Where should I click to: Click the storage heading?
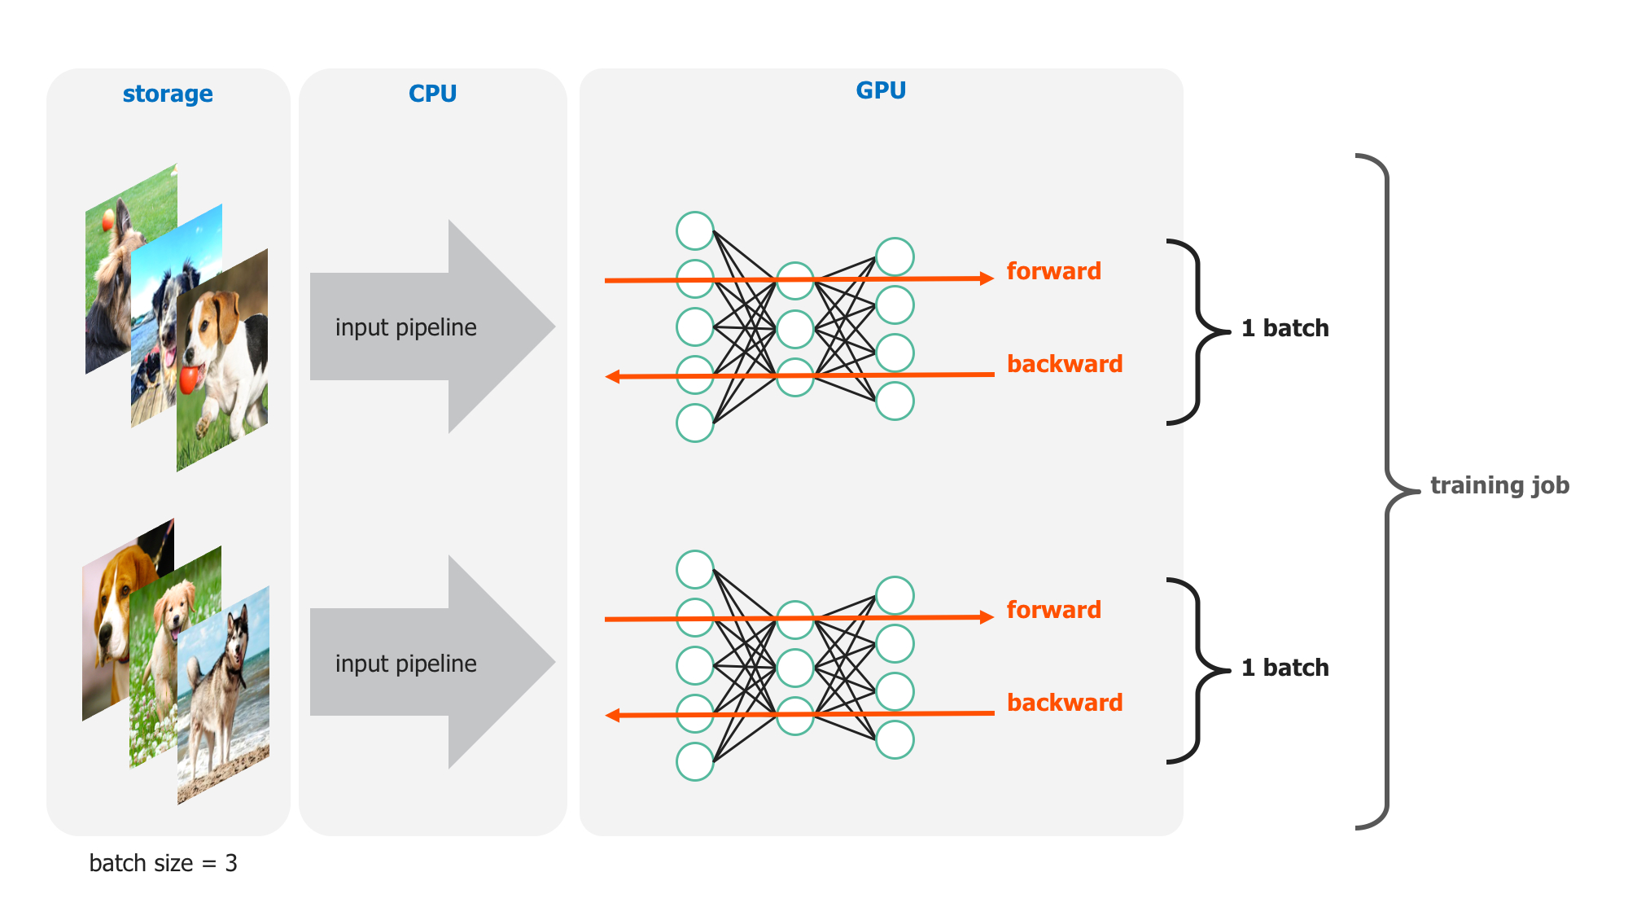tap(168, 94)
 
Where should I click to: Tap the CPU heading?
tap(432, 94)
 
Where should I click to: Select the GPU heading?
tap(881, 90)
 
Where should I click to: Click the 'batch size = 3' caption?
tap(163, 863)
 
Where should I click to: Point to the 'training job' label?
tap(1499, 485)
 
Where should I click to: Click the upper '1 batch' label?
tap(1284, 328)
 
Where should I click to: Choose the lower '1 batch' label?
tap(1284, 668)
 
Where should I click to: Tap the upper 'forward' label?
tap(1053, 271)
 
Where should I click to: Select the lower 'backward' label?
tap(1065, 703)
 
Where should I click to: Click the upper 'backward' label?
tap(1065, 364)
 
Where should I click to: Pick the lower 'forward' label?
tap(1053, 610)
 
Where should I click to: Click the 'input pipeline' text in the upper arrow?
tap(405, 327)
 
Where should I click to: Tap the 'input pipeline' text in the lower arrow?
tap(405, 664)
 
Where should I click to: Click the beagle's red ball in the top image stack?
tap(189, 379)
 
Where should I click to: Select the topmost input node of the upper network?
tap(695, 231)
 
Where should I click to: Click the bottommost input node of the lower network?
tap(695, 761)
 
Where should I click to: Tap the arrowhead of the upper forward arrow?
tap(987, 278)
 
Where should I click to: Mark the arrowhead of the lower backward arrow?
tap(613, 716)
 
